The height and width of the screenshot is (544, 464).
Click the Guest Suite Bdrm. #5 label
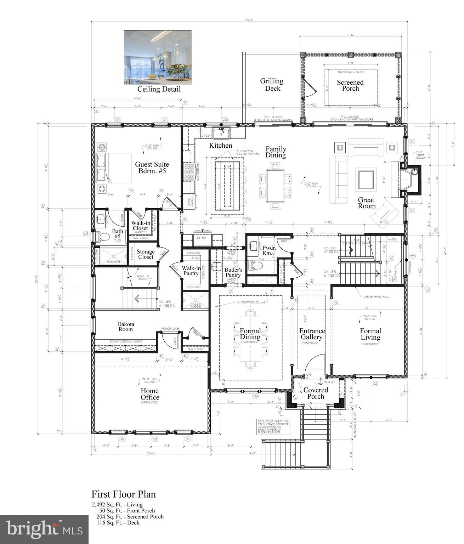(152, 168)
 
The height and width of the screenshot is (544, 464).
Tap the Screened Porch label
(350, 85)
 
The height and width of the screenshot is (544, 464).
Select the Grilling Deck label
(272, 84)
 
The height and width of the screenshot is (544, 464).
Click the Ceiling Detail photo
(158, 57)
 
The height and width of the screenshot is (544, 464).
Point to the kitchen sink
(221, 133)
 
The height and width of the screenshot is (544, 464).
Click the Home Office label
(150, 394)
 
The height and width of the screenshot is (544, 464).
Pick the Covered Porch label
(316, 393)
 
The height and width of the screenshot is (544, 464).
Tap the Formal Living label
(370, 334)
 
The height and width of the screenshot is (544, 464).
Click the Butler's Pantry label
(233, 272)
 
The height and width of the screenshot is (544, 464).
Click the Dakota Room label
(126, 327)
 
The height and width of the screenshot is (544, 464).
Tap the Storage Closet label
(146, 254)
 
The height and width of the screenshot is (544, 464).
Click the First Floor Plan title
(124, 494)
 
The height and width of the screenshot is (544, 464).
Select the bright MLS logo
(44, 529)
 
